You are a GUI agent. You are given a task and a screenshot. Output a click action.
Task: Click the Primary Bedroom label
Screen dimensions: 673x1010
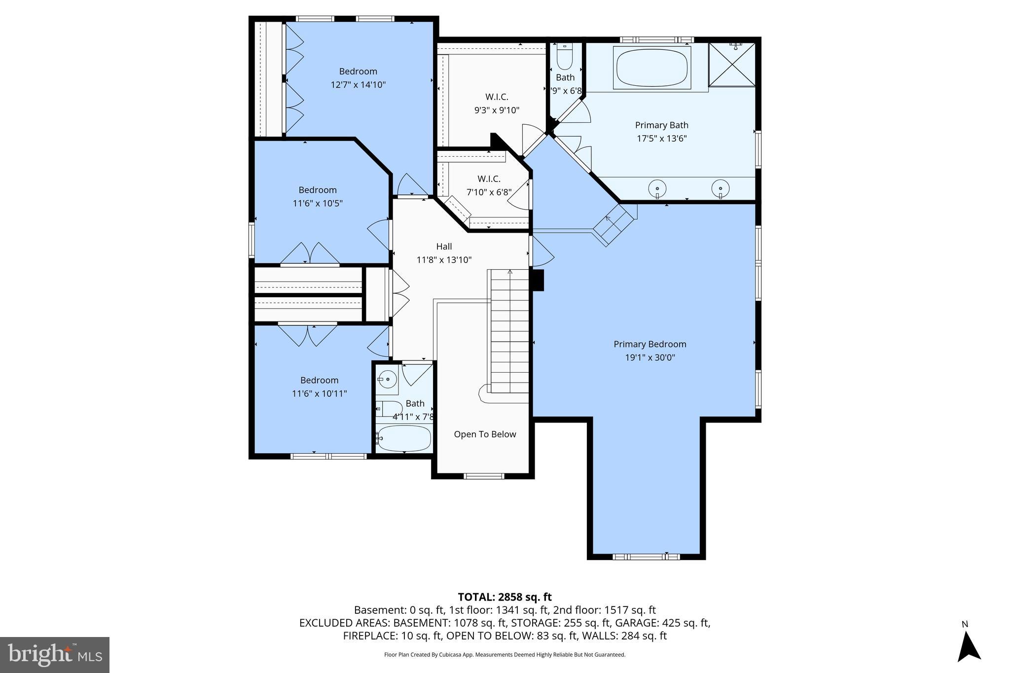coord(649,345)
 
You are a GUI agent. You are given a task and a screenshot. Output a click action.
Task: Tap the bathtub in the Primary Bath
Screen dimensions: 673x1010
coord(652,68)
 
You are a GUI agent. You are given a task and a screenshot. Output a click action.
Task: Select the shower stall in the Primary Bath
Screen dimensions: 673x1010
coord(731,65)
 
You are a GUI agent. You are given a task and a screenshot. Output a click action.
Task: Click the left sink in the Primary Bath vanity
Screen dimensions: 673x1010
coord(657,188)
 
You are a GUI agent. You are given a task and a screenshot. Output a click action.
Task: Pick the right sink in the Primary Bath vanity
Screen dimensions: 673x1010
coord(721,188)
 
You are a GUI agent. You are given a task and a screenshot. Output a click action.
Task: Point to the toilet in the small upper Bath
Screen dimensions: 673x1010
coord(564,58)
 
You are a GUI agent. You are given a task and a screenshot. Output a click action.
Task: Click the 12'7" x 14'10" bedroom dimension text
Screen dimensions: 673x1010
coord(358,85)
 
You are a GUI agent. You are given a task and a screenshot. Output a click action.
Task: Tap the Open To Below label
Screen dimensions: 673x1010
coord(485,434)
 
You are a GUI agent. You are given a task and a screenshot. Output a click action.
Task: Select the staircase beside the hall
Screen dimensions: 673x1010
coord(509,330)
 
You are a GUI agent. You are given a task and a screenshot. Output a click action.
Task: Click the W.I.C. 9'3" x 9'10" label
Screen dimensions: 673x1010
coord(497,104)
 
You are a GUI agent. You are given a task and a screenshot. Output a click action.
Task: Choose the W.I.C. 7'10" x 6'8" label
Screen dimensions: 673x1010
coord(489,186)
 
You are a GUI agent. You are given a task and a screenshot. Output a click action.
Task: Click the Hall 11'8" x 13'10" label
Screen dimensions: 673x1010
coord(444,253)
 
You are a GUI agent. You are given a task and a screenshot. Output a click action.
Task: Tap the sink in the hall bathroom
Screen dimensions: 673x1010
coord(387,380)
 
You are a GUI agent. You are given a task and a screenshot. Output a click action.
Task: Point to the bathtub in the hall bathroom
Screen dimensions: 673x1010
coord(403,438)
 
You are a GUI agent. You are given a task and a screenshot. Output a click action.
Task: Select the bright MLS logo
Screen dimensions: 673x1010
coord(55,655)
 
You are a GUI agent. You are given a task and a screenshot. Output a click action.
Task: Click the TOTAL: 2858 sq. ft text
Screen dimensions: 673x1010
coord(505,597)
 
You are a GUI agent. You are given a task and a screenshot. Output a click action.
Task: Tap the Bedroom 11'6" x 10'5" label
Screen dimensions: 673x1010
coord(318,197)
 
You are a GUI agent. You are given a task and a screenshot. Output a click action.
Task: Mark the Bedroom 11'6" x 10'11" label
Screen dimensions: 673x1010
coord(319,387)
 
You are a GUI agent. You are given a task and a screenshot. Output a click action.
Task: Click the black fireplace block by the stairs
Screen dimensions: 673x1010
coord(537,280)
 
